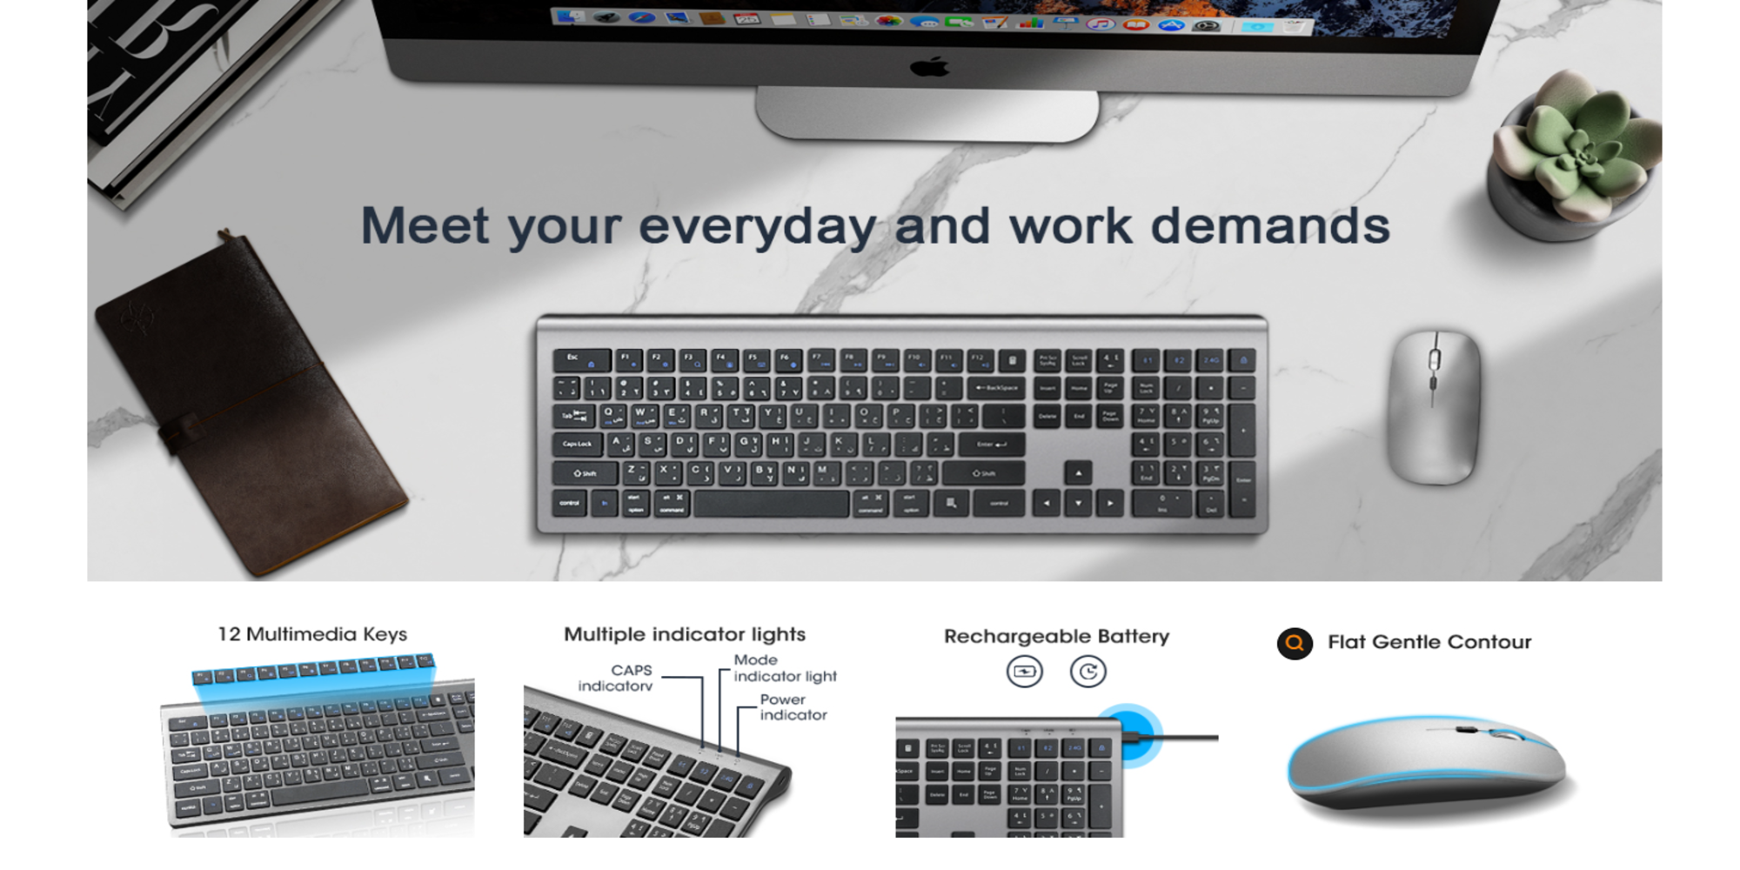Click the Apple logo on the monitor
(929, 67)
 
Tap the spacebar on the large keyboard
(771, 504)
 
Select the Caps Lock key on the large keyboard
(577, 445)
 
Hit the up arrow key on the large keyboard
(1078, 473)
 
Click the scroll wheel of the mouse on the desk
(1434, 358)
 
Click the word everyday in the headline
(757, 226)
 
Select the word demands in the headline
(1270, 226)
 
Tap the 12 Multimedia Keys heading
(312, 634)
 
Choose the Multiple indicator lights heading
(685, 634)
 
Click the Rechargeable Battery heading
(1056, 636)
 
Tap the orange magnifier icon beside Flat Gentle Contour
(1295, 643)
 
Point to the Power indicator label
(793, 707)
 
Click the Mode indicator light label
(784, 668)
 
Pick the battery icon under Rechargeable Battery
(1025, 672)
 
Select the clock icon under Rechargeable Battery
(1087, 672)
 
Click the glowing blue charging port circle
(1128, 735)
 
